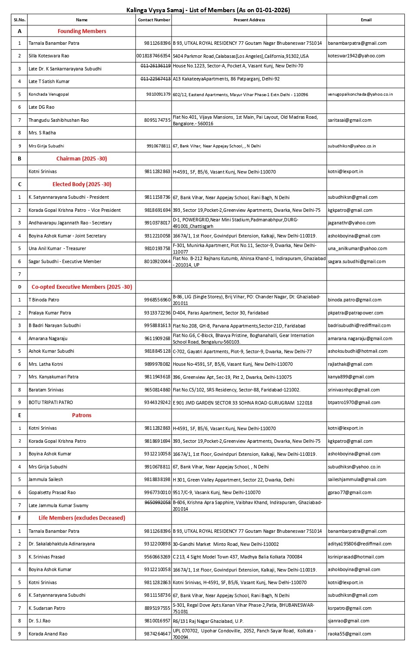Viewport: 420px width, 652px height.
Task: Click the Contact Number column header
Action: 154,20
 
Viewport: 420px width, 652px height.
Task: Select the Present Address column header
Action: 249,20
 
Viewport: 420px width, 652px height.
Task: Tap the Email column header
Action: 366,20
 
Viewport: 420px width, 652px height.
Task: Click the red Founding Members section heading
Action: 82,31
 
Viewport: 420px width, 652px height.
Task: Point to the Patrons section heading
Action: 82,415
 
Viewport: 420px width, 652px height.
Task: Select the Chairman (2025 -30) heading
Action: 82,159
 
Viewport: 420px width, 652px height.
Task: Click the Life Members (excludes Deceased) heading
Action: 82,518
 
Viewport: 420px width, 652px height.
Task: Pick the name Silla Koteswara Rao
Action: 49,56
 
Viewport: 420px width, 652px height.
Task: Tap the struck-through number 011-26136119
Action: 155,66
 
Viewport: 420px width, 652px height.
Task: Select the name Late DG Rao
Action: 41,107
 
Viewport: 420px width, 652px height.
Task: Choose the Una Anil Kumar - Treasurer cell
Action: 57,249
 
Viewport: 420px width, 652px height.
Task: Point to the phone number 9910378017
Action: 157,223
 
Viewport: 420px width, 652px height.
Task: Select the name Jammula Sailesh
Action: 46,480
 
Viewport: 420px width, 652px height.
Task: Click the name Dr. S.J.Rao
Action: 40,621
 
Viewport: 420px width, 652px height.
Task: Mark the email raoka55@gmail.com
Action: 349,634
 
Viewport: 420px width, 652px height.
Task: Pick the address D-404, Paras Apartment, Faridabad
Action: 220,313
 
